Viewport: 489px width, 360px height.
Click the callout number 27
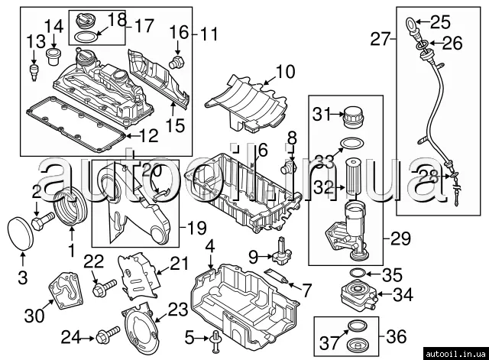click(381, 37)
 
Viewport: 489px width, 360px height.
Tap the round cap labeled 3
click(19, 232)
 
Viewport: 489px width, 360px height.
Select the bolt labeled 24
click(108, 334)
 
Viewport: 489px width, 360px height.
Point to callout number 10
click(285, 73)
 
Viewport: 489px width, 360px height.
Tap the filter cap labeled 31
click(351, 118)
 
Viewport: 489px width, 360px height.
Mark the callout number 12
click(147, 137)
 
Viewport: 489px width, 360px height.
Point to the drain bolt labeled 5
click(216, 336)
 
